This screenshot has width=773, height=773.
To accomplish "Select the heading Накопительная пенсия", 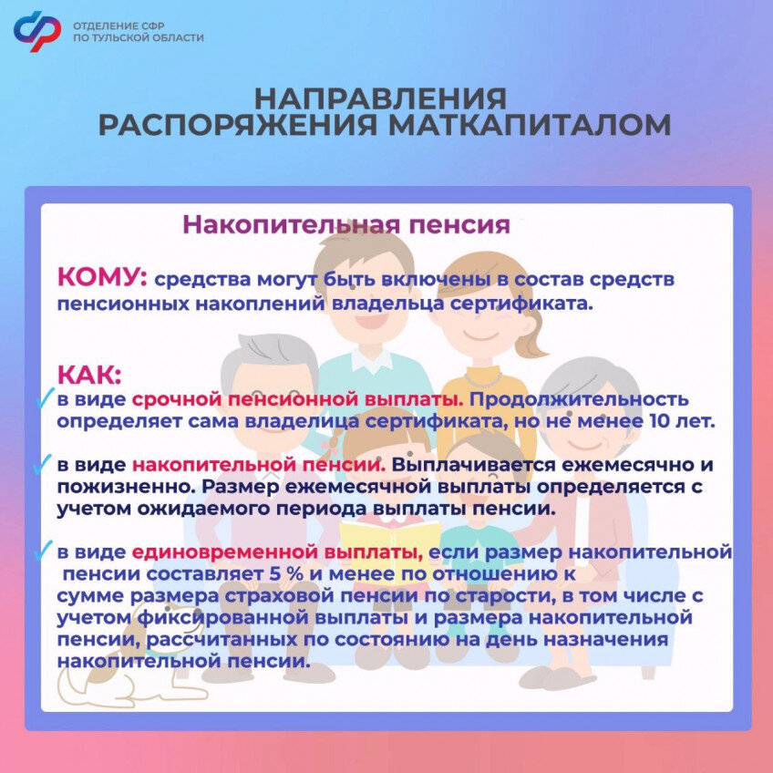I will (x=346, y=225).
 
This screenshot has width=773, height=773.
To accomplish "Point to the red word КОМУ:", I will (x=102, y=277).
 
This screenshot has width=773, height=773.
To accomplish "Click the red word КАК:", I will (x=89, y=375).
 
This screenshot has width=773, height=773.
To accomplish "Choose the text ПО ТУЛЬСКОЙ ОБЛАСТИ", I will (x=138, y=38).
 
